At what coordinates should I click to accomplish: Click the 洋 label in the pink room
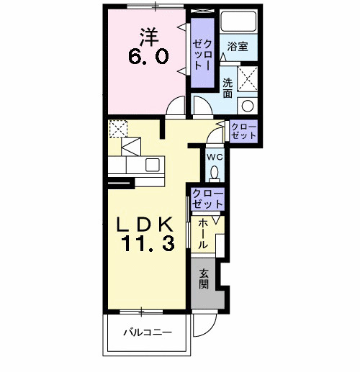click(x=149, y=37)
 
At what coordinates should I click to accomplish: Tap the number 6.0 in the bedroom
click(x=148, y=57)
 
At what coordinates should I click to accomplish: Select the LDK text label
click(x=145, y=224)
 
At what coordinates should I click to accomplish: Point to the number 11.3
click(x=148, y=243)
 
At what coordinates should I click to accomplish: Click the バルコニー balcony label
click(x=148, y=332)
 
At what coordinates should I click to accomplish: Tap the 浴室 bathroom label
click(x=238, y=46)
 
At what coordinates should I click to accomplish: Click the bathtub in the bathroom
click(x=238, y=21)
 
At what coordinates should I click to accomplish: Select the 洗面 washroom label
click(x=228, y=88)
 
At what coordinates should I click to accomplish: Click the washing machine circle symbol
click(x=248, y=106)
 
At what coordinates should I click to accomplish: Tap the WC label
click(x=215, y=158)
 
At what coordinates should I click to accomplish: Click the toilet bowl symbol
click(x=215, y=172)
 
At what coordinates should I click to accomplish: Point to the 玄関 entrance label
click(x=203, y=279)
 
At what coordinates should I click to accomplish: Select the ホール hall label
click(x=203, y=233)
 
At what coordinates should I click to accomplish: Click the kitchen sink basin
click(x=153, y=165)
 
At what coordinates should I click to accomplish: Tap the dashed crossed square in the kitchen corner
click(x=118, y=129)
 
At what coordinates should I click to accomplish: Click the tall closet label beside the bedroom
click(x=202, y=55)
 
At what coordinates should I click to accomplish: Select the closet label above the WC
click(x=243, y=131)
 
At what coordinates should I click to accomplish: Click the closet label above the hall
click(x=208, y=199)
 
